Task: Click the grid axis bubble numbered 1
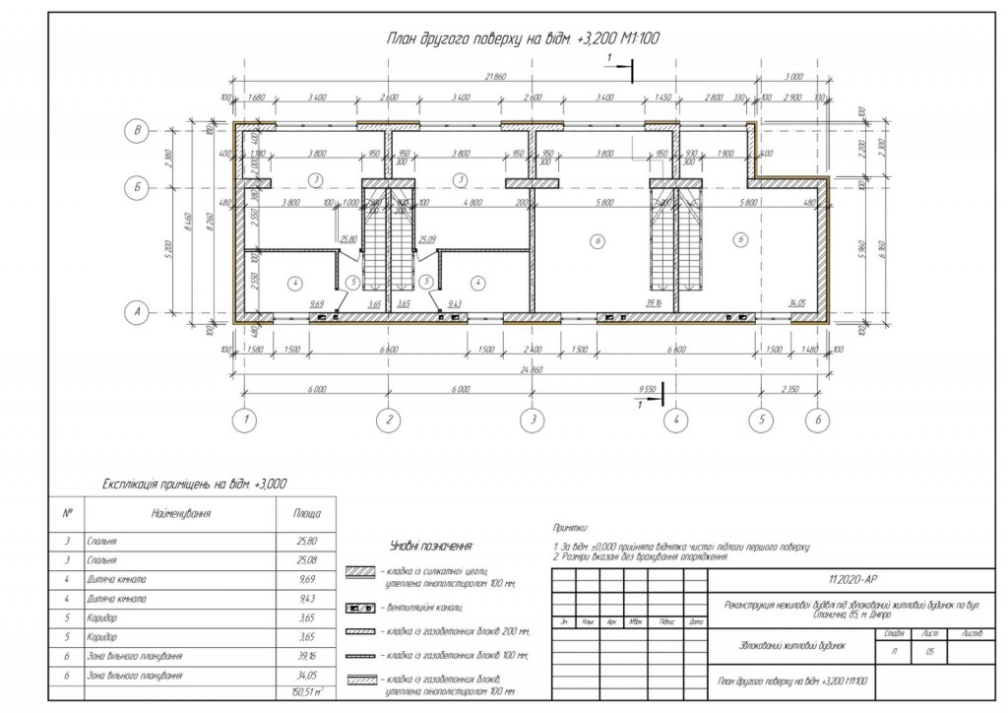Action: pyautogui.click(x=245, y=421)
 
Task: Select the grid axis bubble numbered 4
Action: pyautogui.click(x=675, y=421)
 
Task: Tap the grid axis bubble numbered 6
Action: pyautogui.click(x=817, y=421)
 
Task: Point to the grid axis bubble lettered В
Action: pyautogui.click(x=141, y=130)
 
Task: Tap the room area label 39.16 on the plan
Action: pyautogui.click(x=654, y=304)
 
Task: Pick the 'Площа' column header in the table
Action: pyautogui.click(x=306, y=514)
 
